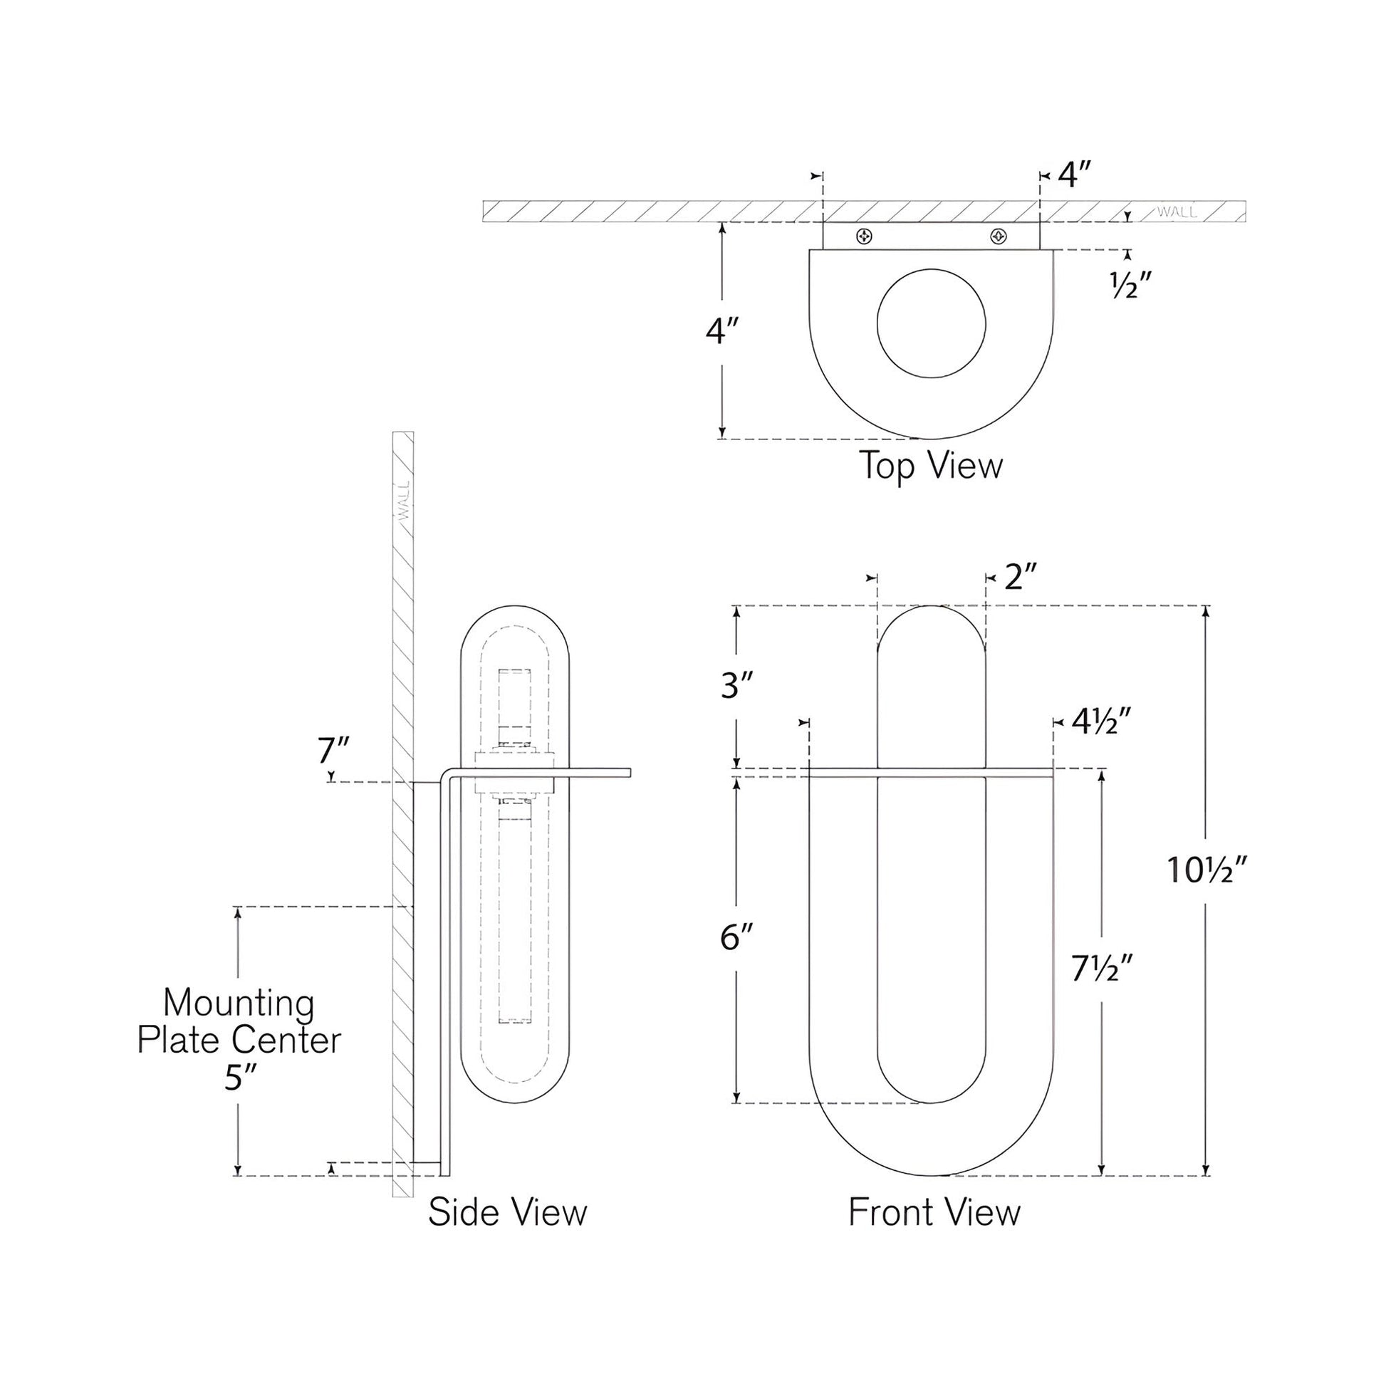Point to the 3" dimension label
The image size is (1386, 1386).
coord(736,687)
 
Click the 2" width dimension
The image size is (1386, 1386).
coord(1021,578)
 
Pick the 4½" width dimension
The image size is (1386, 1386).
coord(1102,722)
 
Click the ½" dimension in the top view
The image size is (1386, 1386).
coord(1131,287)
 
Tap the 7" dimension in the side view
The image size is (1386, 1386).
coord(333,751)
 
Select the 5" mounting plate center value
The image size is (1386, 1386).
coord(239,1078)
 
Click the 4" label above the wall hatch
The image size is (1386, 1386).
coord(1075,175)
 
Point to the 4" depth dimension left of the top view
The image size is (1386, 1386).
coord(721,331)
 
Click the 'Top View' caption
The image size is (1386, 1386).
coord(930,467)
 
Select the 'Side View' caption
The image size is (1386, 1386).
coord(507,1212)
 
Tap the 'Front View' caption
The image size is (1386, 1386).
coord(934,1212)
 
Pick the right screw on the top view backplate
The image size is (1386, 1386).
coord(998,236)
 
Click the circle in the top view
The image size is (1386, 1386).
coord(931,323)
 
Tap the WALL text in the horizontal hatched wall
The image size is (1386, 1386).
coord(1177,212)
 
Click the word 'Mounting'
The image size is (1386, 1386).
coord(239,1003)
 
